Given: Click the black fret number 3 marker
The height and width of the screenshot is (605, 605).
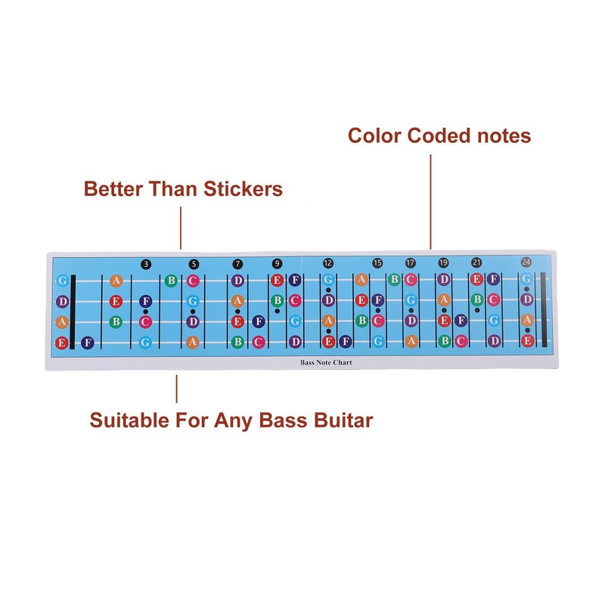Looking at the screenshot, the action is (x=146, y=263).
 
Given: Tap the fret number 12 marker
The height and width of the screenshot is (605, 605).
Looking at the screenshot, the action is (x=327, y=263).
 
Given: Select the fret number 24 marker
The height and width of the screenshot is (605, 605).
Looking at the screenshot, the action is (x=526, y=262).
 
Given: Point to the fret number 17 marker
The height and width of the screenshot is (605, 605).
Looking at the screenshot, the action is (x=411, y=263).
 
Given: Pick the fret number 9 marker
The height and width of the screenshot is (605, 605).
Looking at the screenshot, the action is (x=277, y=263).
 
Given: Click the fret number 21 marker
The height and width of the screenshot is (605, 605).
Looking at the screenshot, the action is (x=476, y=263).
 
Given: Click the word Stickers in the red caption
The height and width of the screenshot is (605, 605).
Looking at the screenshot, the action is (x=244, y=188).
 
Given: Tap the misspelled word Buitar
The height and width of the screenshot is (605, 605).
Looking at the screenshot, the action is (x=339, y=420).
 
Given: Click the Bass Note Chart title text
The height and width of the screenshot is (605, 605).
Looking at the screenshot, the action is (x=326, y=363).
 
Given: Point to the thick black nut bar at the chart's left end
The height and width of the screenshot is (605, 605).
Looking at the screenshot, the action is (x=73, y=312).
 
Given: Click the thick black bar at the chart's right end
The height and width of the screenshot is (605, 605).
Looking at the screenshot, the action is (x=543, y=310).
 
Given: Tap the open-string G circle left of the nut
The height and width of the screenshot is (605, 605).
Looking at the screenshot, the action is (x=62, y=281).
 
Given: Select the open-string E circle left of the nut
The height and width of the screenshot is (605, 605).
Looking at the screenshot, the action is (x=62, y=343).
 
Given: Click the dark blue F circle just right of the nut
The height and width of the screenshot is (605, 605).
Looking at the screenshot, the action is (x=88, y=343).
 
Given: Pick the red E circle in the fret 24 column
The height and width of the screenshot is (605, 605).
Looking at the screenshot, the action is (x=528, y=341).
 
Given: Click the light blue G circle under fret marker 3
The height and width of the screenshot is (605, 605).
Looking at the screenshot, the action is (x=145, y=342).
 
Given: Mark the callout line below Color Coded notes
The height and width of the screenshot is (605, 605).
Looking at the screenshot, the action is (x=431, y=200).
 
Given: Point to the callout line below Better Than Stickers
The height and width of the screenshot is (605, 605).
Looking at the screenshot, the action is (x=181, y=227).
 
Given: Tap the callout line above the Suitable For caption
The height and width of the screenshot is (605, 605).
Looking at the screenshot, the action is (x=176, y=388).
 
